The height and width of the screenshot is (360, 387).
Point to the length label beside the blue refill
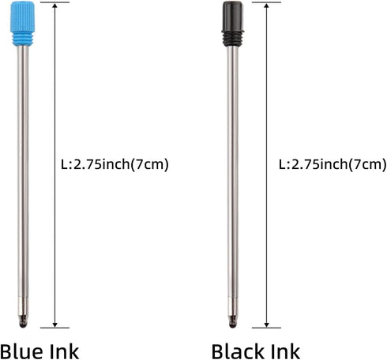pos(115,165)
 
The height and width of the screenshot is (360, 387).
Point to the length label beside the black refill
pos(333,165)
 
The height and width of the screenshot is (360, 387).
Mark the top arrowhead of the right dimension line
pos(268,8)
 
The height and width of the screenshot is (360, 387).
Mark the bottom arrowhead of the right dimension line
pos(268,322)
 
